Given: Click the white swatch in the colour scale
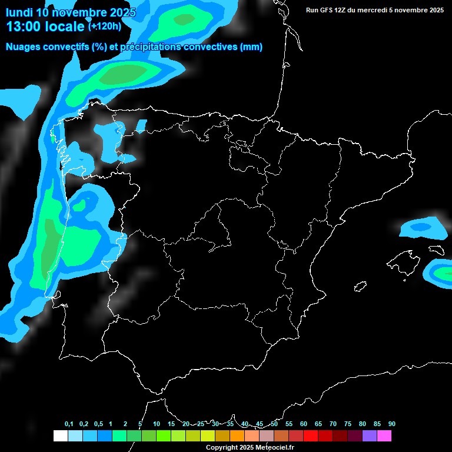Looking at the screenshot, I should pos(60,436).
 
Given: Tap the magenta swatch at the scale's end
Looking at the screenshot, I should pos(384,436).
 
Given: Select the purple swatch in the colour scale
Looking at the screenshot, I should pos(370,436).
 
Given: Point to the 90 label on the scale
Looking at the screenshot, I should pos(392,424).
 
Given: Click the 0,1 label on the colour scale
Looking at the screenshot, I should pos(69,424).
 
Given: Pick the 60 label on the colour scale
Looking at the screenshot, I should pos(304,424).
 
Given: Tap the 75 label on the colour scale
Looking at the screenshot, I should pos(348,424).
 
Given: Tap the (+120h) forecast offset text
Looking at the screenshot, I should pos(104,26).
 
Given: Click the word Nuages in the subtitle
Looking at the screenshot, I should pos(23,47).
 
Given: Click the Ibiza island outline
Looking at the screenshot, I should pos(361,287).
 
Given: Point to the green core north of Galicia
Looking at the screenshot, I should pos(125,74).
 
